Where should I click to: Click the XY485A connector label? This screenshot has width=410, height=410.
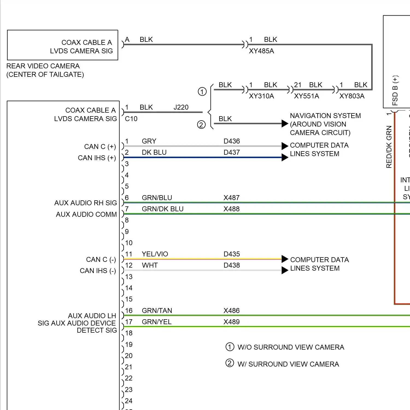click(x=261, y=51)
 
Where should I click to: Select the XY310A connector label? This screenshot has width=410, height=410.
click(x=261, y=96)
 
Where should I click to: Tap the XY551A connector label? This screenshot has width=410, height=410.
click(x=306, y=96)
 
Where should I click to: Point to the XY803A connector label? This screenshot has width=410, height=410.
click(x=352, y=96)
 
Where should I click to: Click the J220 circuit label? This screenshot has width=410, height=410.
click(x=181, y=107)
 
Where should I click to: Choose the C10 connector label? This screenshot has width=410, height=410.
click(x=131, y=119)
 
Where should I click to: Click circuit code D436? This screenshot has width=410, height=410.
click(x=232, y=141)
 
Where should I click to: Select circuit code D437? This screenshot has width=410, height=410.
click(x=232, y=153)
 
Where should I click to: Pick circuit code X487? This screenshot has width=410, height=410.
click(x=231, y=198)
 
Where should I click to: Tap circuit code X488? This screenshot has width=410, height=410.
click(x=231, y=209)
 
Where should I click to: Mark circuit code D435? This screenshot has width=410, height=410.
click(x=232, y=254)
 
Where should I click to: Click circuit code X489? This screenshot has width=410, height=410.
click(x=231, y=322)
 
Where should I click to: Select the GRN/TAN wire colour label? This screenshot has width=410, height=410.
click(x=157, y=311)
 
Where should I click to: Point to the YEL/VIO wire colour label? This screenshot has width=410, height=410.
click(x=155, y=254)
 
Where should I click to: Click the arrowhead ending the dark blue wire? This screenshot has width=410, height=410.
click(x=285, y=157)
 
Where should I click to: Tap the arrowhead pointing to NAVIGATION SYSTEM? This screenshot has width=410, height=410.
click(x=285, y=124)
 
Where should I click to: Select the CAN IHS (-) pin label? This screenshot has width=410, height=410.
click(x=98, y=271)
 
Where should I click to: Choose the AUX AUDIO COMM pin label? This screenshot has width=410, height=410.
click(x=86, y=215)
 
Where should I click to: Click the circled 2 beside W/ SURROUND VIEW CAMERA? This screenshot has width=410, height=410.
click(x=230, y=363)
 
